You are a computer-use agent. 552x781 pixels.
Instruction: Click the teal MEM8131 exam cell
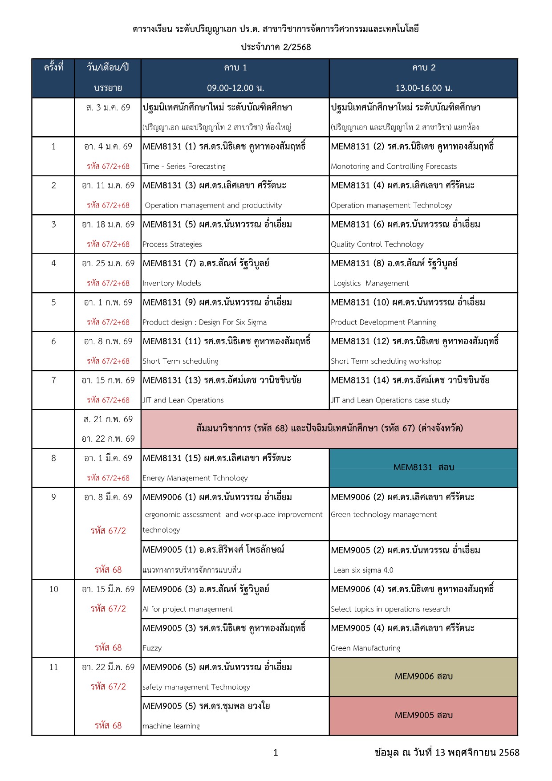423,468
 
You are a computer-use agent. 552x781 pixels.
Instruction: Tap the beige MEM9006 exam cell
423,676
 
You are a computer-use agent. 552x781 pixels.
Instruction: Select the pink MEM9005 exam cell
423,715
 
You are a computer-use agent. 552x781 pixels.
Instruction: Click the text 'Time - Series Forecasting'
184,167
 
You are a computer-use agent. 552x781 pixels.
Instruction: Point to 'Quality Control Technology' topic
377,244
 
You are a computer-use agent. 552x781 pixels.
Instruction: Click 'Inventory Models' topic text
171,283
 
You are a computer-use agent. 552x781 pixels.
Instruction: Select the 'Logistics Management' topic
371,283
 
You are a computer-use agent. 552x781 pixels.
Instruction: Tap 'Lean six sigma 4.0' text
363,570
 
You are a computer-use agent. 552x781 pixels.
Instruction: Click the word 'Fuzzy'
152,648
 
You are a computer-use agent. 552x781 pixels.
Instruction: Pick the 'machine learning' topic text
171,726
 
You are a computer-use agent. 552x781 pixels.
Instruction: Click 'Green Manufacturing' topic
365,648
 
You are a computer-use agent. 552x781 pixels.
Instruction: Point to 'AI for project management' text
187,609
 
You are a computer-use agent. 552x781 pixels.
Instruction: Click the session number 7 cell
53,380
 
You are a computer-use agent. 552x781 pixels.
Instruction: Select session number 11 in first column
53,667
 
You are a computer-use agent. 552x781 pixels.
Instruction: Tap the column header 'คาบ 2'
423,68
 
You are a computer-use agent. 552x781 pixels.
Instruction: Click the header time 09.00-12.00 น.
235,88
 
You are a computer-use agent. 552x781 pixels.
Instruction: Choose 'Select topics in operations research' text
390,609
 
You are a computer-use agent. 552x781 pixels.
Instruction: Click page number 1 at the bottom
276,753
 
